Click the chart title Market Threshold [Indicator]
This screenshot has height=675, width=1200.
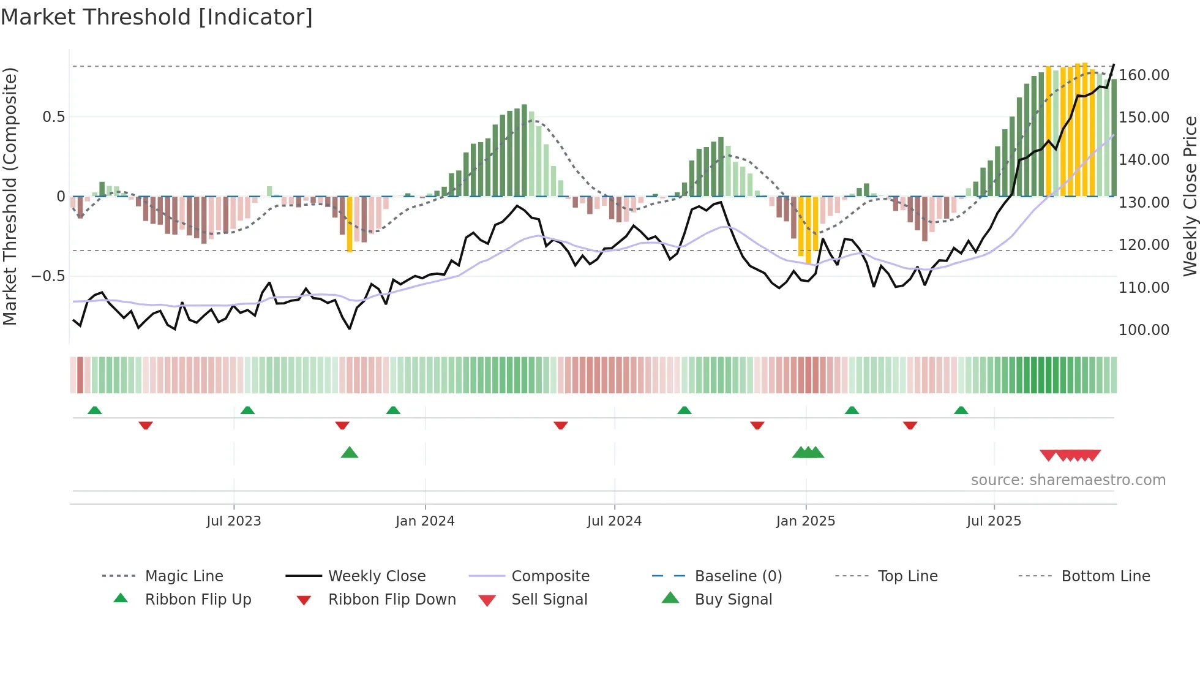click(x=157, y=17)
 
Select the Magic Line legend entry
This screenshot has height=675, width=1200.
click(x=184, y=576)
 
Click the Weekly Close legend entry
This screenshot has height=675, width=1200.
click(x=377, y=576)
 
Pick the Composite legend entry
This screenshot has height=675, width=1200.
click(x=550, y=576)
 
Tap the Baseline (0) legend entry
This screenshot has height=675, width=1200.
click(x=738, y=576)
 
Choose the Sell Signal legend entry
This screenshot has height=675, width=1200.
click(x=549, y=600)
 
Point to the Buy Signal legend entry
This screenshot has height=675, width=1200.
click(x=733, y=600)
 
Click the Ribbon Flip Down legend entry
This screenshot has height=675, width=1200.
click(x=392, y=600)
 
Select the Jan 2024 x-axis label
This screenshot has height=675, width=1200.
click(x=425, y=521)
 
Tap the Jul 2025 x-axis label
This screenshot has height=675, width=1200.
click(x=994, y=521)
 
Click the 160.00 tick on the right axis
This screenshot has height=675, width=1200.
click(x=1144, y=75)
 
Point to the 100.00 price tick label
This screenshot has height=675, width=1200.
click(x=1144, y=330)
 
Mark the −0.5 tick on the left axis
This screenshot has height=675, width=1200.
click(x=48, y=276)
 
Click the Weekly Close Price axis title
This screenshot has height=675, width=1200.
click(x=1190, y=196)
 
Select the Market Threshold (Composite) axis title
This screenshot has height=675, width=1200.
click(x=10, y=196)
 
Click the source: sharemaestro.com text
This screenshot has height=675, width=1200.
click(x=1068, y=480)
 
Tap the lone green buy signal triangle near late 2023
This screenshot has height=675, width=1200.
click(x=349, y=453)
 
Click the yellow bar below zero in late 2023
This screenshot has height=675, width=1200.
click(x=350, y=224)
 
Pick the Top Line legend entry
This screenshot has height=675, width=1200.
click(x=907, y=576)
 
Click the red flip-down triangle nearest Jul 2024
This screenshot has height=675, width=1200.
click(x=560, y=425)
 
